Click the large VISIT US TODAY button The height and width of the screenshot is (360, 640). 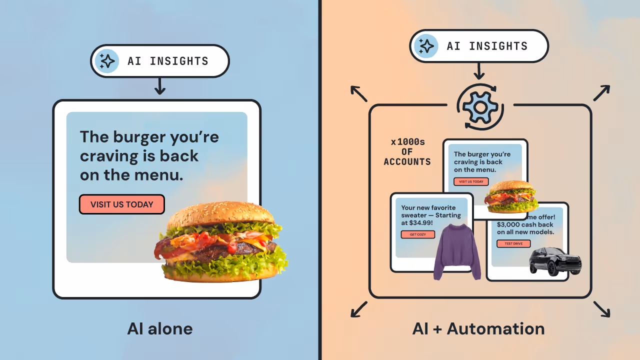122,204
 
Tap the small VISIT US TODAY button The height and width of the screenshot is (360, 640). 471,181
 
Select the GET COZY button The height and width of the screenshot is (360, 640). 417,234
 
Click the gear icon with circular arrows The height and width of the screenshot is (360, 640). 480,107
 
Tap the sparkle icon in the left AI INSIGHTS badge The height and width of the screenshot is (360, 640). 107,61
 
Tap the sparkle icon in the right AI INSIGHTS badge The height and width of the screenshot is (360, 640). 426,46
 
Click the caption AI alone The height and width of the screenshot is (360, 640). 160,328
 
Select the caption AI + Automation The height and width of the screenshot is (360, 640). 478,328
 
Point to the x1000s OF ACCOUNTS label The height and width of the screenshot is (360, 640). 407,152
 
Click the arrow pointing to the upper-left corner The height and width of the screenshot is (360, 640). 358,93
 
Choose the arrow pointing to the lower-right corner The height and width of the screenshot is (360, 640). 601,309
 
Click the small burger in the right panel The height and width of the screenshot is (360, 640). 510,196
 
